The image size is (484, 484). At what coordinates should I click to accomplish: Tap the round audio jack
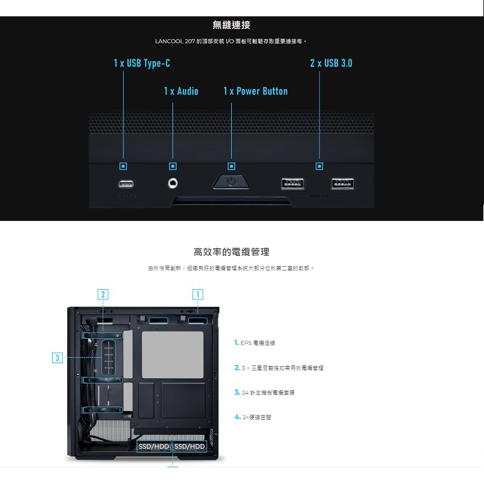tap(173, 183)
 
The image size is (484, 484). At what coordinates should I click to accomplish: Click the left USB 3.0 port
tap(293, 184)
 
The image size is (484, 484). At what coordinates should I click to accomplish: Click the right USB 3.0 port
tap(342, 184)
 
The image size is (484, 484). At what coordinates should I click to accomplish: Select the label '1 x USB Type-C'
tap(137, 64)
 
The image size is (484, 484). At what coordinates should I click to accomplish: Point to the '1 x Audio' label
tap(181, 91)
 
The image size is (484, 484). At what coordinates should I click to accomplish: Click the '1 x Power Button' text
tap(255, 91)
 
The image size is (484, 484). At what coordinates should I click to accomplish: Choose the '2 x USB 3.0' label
tap(331, 64)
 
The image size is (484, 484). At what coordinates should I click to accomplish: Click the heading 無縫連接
tap(232, 25)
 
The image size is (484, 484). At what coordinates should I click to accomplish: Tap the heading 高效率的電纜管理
tap(231, 252)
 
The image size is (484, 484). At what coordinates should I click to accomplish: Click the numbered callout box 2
tap(104, 295)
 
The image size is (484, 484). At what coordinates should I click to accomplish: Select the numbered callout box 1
tap(197, 295)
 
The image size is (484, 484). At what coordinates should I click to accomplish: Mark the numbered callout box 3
tap(57, 358)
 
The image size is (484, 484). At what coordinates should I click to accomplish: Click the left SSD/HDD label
tap(154, 446)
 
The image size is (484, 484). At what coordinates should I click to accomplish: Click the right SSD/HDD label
tap(190, 446)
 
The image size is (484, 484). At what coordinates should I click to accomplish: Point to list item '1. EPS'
tap(255, 343)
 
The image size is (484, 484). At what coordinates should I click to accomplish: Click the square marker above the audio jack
tap(173, 165)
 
